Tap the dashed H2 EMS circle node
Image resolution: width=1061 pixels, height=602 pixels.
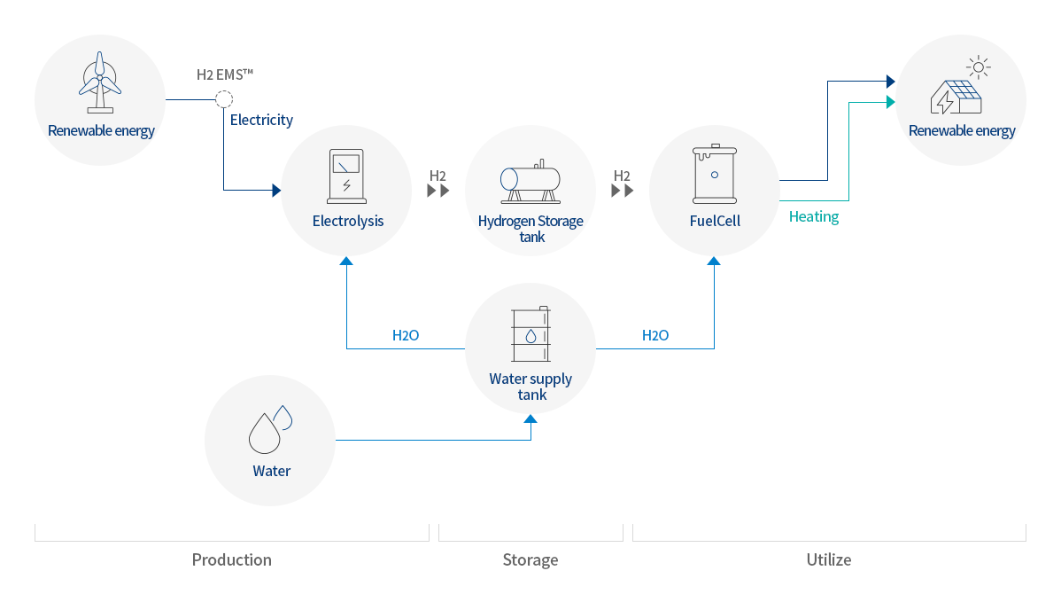224,99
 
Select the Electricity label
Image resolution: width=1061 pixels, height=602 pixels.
261,120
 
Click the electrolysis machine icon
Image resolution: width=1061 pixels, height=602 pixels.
345,175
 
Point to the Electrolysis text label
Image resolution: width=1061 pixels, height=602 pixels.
348,221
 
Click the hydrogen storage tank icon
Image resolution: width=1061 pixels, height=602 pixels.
530,179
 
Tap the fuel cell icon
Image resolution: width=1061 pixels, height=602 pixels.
714,175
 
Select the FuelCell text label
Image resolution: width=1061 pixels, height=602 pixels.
715,221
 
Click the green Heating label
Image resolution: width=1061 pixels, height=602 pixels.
813,216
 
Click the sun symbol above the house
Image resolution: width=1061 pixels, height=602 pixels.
978,66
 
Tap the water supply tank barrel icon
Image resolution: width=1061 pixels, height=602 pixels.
530,335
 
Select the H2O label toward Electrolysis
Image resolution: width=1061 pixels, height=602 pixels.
406,336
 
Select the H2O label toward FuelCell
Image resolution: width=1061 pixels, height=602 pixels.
655,336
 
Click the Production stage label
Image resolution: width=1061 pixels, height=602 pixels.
231,559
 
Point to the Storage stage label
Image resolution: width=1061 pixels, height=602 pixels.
530,559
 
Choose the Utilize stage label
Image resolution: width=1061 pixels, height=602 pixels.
828,559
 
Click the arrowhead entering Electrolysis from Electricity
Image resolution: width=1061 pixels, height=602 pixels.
276,190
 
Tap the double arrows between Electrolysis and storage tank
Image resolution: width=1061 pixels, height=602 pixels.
438,190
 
